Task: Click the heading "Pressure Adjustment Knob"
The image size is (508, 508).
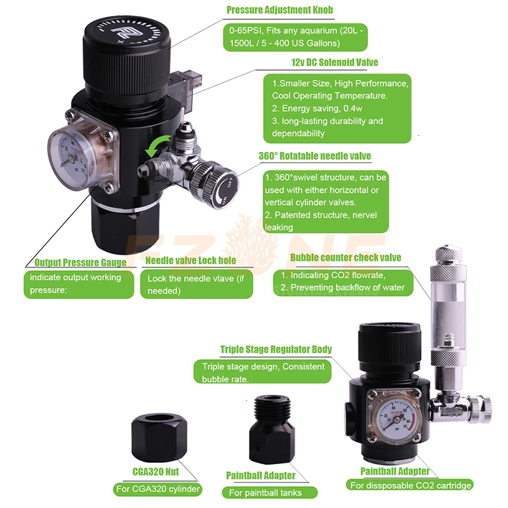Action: coord(279,10)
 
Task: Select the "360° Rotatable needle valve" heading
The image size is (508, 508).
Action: coord(314,156)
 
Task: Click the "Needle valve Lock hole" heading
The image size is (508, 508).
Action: coord(190,260)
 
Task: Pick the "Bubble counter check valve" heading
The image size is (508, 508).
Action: coord(345,257)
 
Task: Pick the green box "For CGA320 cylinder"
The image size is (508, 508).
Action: coord(158,489)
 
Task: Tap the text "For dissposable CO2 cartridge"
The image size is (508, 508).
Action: coord(419,485)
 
